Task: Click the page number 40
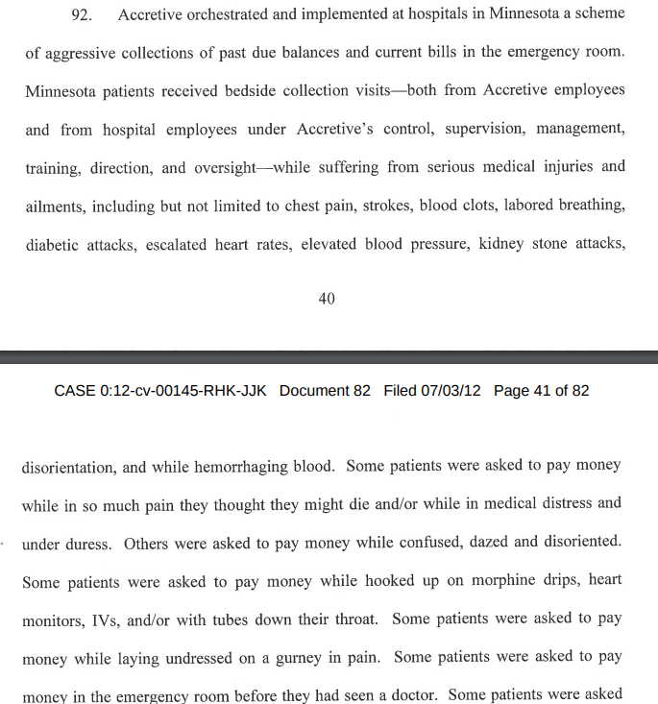point(327,299)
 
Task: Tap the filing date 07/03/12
point(451,391)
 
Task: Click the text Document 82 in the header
point(325,391)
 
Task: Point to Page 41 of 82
point(541,391)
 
